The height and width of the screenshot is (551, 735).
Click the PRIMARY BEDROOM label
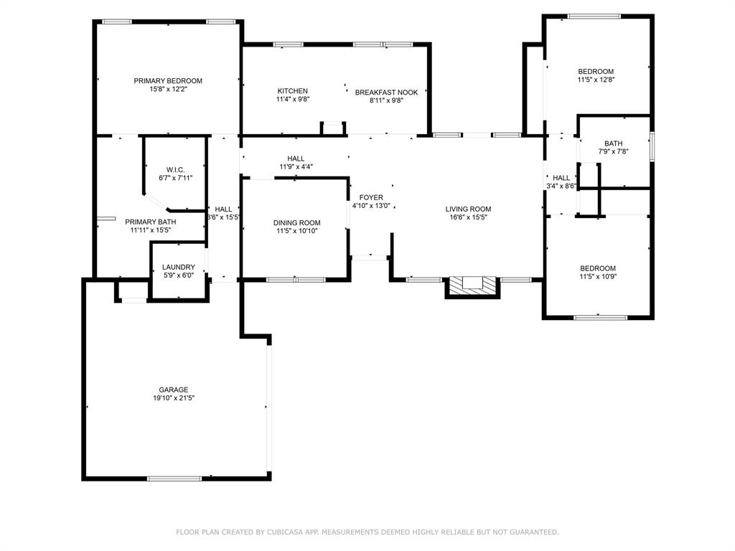tap(168, 80)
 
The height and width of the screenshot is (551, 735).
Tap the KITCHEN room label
tap(293, 91)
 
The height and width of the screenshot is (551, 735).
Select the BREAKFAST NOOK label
tap(386, 93)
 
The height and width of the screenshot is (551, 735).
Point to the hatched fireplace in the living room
tap(472, 286)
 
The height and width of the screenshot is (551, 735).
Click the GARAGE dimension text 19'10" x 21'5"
tap(174, 397)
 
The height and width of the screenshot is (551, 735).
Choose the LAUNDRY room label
tap(179, 267)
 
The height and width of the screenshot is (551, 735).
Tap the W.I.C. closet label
tap(175, 169)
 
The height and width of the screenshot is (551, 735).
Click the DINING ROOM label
tap(296, 222)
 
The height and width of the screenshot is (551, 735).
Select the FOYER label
tap(371, 197)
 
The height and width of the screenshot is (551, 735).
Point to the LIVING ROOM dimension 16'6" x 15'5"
tap(468, 217)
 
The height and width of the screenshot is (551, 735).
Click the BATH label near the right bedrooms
tap(613, 143)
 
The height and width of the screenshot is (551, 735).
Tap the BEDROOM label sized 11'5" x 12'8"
tap(596, 71)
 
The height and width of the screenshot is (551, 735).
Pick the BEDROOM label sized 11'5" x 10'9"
tap(598, 268)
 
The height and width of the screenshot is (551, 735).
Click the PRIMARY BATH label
tap(151, 222)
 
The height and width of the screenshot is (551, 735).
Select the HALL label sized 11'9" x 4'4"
tap(296, 159)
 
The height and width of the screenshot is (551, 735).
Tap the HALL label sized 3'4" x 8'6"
tap(561, 178)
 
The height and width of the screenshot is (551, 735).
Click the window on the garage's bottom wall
tap(174, 479)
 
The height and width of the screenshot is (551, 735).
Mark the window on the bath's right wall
tap(652, 146)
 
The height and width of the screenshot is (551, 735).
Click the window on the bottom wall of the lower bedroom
tap(600, 317)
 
